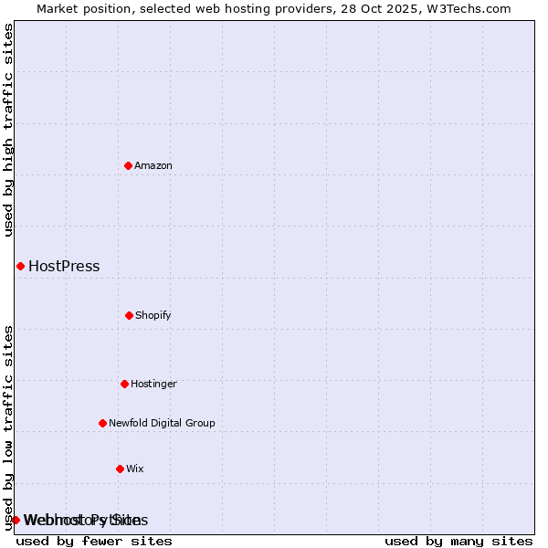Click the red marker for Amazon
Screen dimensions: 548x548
click(128, 165)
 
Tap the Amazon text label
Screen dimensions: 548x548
click(153, 165)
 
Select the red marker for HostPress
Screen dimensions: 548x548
click(20, 266)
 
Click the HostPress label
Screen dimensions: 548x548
click(64, 267)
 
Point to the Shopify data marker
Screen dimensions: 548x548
click(129, 315)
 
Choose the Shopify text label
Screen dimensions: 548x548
click(153, 315)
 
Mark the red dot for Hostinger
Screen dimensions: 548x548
click(124, 384)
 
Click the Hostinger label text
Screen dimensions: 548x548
click(153, 384)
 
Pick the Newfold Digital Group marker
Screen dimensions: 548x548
click(102, 423)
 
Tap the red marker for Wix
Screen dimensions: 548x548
click(120, 469)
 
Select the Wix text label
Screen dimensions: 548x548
click(135, 469)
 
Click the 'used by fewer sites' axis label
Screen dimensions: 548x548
click(94, 541)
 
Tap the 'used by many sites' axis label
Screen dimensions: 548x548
click(458, 541)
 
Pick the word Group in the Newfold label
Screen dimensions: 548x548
click(201, 423)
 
